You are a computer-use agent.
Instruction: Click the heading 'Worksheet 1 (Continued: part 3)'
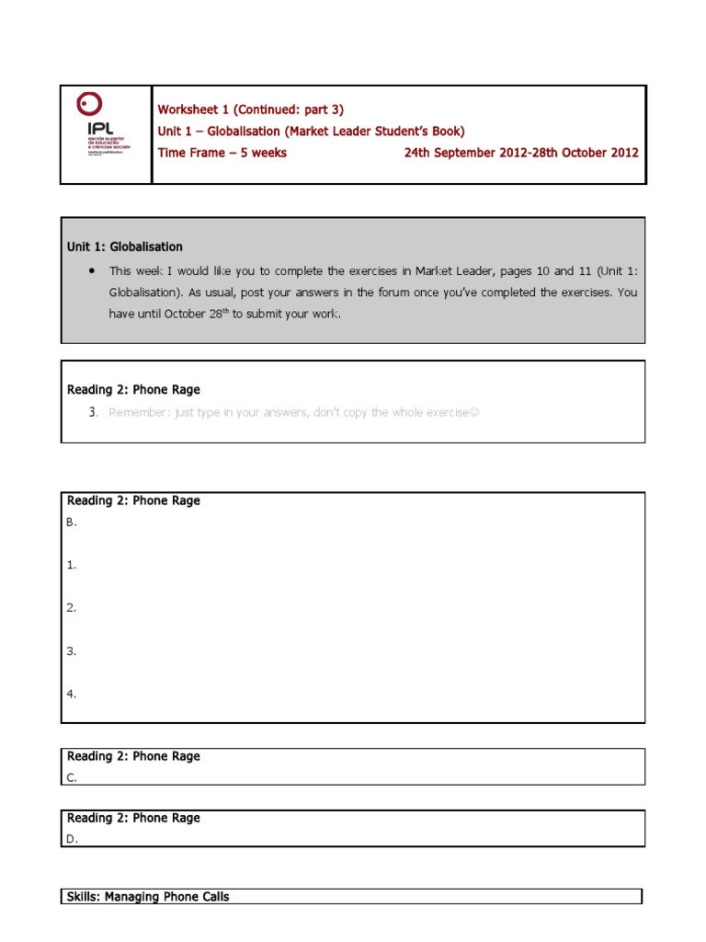point(250,109)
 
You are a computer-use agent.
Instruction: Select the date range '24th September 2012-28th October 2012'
point(521,153)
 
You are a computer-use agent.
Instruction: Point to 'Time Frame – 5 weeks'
point(222,153)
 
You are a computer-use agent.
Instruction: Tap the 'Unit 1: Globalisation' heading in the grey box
point(125,247)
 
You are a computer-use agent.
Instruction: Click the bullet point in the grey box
point(92,270)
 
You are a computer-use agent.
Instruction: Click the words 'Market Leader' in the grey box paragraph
point(451,270)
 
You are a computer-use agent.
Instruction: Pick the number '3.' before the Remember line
point(93,412)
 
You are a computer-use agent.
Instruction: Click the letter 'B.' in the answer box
point(72,523)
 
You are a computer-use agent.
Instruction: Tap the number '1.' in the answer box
point(71,565)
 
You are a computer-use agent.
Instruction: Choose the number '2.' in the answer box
point(71,608)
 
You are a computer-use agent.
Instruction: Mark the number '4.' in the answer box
point(71,694)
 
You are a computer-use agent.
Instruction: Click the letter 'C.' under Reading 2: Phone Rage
point(72,777)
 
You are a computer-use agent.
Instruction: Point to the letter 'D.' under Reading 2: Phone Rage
point(72,839)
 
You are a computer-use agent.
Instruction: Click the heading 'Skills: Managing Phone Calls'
point(148,897)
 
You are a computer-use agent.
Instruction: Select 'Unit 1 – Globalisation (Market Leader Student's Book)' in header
point(311,132)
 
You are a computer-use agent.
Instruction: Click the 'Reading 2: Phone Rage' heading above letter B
point(133,501)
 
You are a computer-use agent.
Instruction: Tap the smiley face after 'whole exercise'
point(474,412)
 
